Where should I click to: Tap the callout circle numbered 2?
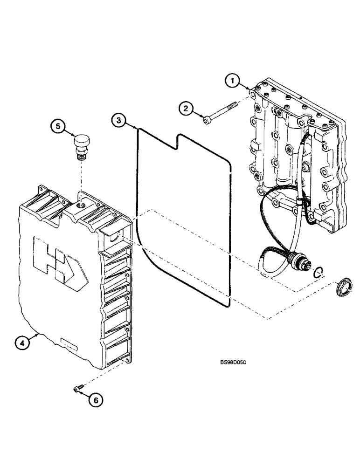point(187,109)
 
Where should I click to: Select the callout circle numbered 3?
point(118,121)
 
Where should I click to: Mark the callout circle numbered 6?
point(96,399)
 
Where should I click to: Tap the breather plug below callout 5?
point(81,144)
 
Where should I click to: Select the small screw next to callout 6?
point(77,388)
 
